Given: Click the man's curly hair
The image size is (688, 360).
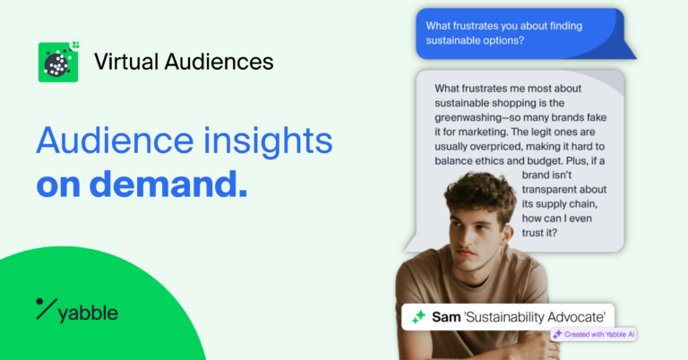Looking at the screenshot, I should pyautogui.click(x=480, y=189).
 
